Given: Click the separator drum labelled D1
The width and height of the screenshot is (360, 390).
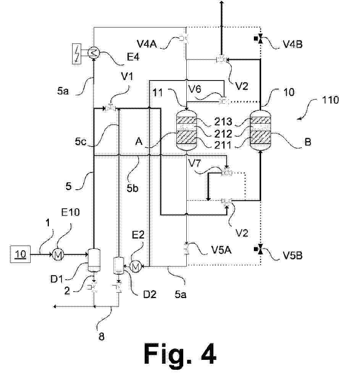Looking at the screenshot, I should point(94,258).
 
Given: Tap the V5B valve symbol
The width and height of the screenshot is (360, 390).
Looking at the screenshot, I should point(260,250).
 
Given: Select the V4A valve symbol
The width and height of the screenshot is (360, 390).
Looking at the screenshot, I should point(186,38).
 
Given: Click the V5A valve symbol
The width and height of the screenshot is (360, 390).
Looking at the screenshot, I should point(186,250).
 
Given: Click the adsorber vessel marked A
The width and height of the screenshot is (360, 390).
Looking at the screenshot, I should point(186,129).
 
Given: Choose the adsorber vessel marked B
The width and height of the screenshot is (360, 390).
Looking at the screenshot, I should point(260,129).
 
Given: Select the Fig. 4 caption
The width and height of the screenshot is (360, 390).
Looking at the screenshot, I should point(180,354).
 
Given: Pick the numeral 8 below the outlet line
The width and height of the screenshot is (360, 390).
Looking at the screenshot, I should point(101,336).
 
